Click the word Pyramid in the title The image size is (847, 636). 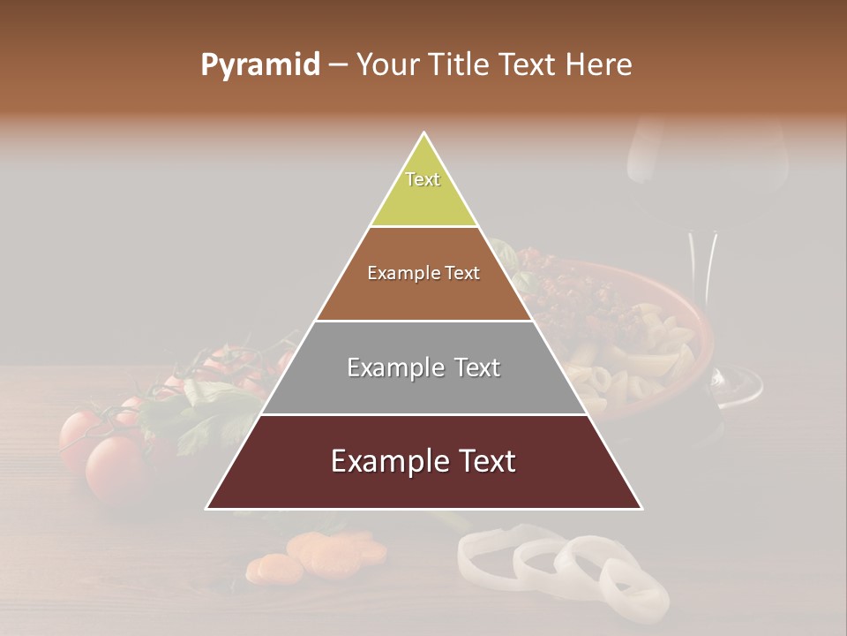(259, 65)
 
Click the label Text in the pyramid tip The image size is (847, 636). (423, 179)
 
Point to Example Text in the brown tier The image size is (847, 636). (423, 273)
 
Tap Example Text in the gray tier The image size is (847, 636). (423, 367)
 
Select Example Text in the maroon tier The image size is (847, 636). (423, 461)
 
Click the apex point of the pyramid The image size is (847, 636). (424, 134)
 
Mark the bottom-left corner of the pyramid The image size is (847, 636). (208, 508)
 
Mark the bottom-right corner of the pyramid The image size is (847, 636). (641, 508)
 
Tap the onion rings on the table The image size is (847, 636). (565, 565)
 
